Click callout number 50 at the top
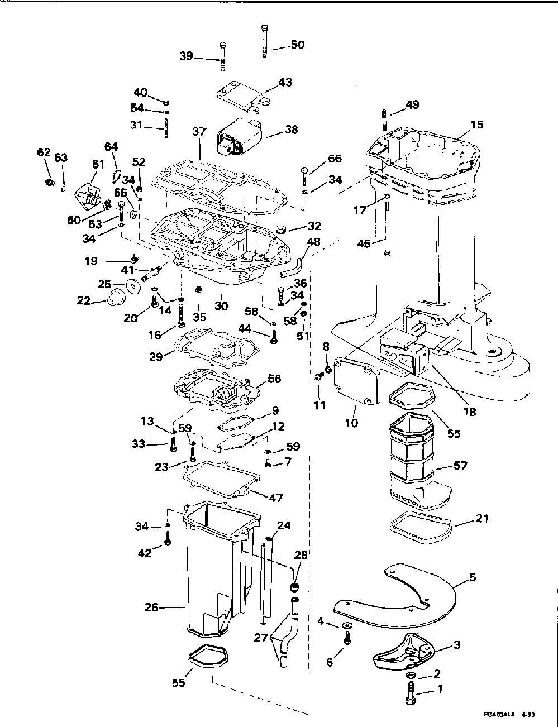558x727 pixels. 298,44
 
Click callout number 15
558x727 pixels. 477,124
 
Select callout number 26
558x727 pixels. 152,606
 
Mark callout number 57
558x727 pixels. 461,465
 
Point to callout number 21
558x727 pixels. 481,518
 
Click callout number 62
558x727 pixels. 44,152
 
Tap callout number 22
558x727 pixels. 83,301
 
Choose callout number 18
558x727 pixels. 469,412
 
